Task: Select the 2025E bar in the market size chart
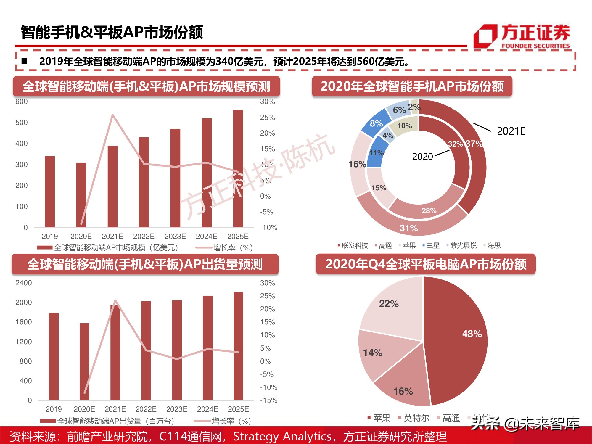238,169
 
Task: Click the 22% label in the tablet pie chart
389,304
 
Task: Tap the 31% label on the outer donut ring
409,228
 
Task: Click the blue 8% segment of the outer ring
376,123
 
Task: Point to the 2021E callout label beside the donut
511,131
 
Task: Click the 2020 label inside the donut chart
422,157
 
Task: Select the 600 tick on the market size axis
21,102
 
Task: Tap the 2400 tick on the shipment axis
23,283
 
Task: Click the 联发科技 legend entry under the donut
355,245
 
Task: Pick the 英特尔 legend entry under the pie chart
416,418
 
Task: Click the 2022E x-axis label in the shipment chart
146,409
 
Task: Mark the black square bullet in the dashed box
25,61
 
